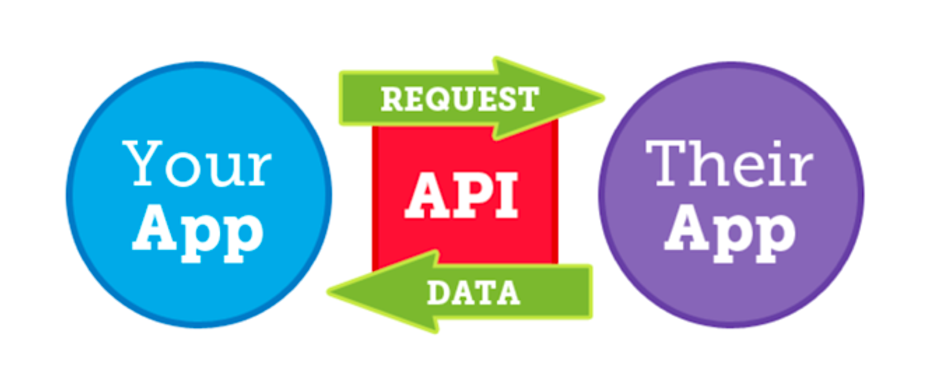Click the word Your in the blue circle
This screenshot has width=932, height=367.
click(x=197, y=163)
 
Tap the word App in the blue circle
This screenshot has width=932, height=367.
click(x=198, y=233)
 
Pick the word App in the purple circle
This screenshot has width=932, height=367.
click(x=730, y=233)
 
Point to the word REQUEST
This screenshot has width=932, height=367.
click(x=460, y=99)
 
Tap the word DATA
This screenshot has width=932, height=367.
click(x=473, y=292)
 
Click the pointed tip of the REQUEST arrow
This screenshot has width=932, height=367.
click(x=604, y=98)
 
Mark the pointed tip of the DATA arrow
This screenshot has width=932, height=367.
click(x=328, y=292)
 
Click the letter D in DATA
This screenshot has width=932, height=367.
click(x=438, y=292)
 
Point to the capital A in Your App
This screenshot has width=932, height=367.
click(x=154, y=227)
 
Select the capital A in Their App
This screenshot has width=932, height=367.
click(x=686, y=227)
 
